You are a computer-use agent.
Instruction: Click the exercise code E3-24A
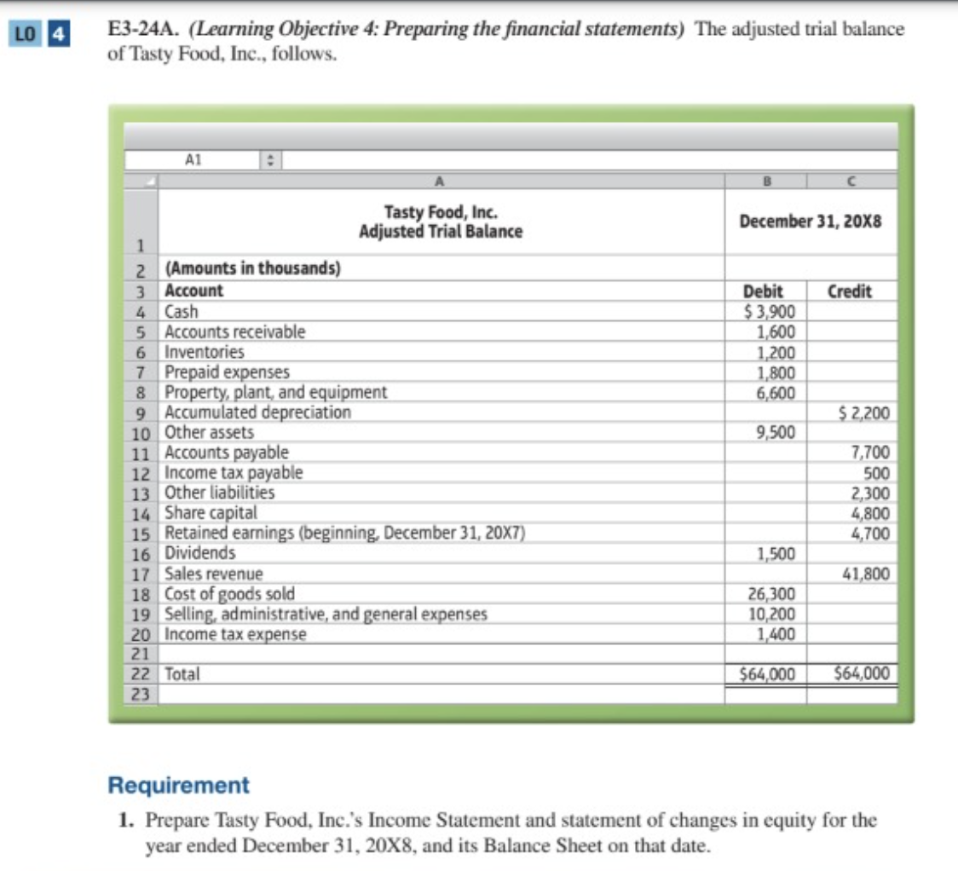click(141, 28)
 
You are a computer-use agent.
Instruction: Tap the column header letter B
click(765, 180)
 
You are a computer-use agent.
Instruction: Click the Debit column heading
click(764, 291)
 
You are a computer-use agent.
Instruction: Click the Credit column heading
click(850, 291)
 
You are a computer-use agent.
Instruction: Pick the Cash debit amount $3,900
click(770, 311)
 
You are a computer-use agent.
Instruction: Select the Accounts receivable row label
click(234, 332)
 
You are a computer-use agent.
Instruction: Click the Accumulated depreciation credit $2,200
click(864, 413)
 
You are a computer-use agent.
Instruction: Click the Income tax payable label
click(233, 472)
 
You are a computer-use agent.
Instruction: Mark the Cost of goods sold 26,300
click(772, 594)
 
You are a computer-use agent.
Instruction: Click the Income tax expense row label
click(234, 634)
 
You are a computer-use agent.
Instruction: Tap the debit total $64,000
click(766, 674)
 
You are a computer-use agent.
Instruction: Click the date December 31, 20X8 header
click(811, 222)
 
